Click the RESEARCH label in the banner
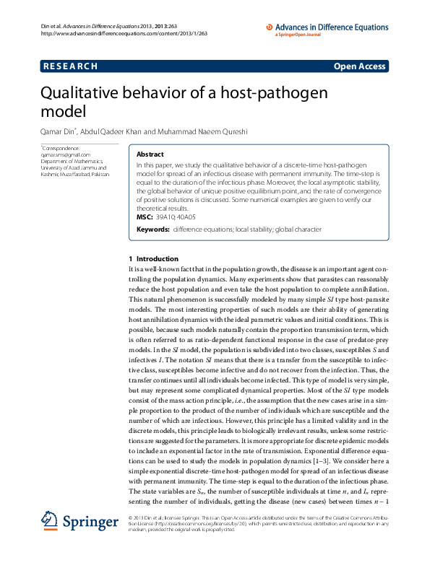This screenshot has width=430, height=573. click(70, 66)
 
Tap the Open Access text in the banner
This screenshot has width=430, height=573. click(359, 66)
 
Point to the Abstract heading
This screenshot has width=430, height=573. click(150, 154)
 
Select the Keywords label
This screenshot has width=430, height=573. click(153, 229)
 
